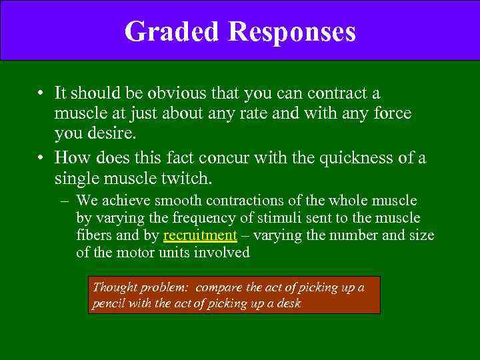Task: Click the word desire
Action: pyautogui.click(x=112, y=134)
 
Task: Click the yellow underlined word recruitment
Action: pyautogui.click(x=200, y=235)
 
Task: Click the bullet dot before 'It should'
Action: pyautogui.click(x=41, y=94)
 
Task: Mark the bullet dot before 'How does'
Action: pyautogui.click(x=41, y=158)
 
